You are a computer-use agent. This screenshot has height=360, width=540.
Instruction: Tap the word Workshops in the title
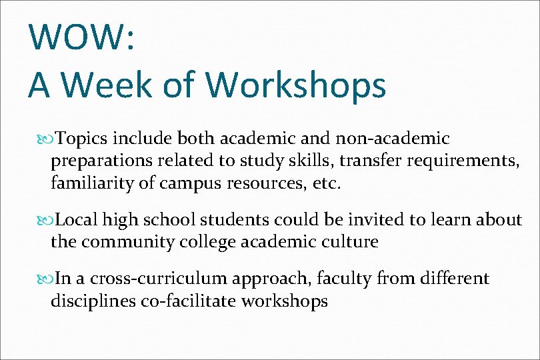[x=296, y=85]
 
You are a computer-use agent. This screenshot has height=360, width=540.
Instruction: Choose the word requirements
[x=457, y=161]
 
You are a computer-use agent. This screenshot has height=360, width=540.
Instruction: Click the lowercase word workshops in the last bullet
[x=285, y=301]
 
